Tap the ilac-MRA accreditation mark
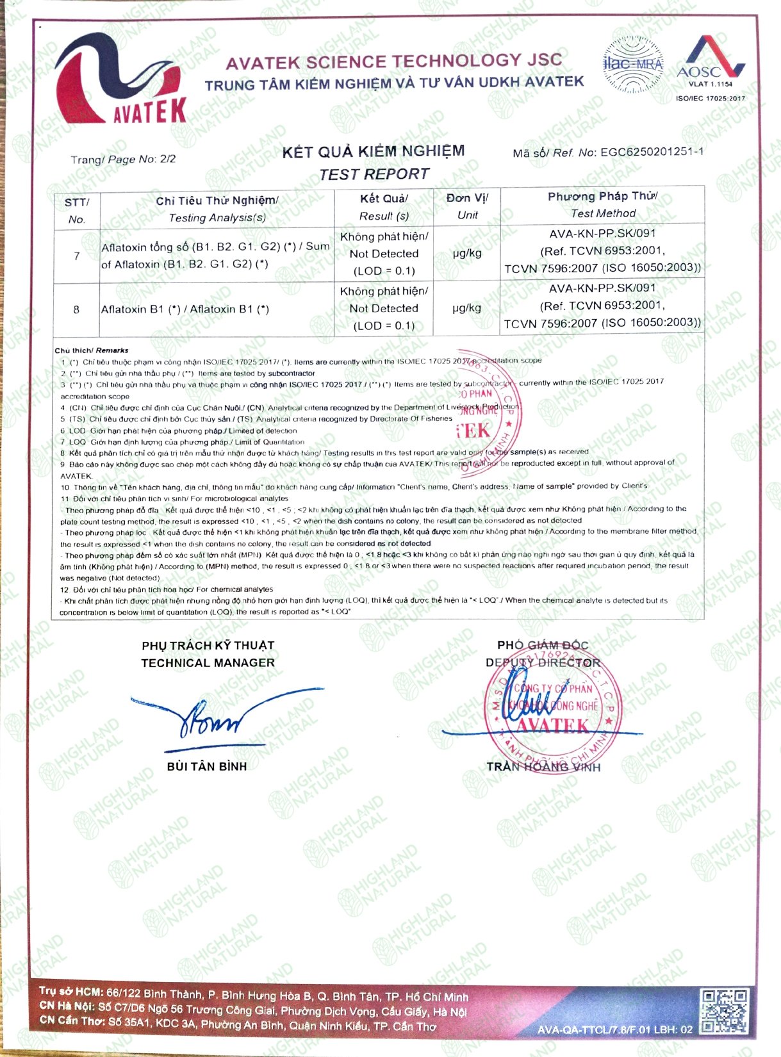(x=633, y=65)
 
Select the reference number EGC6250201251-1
(x=652, y=152)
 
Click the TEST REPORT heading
(x=374, y=174)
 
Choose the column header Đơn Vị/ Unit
(x=467, y=206)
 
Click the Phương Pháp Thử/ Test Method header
(x=602, y=205)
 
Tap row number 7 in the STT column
(x=76, y=256)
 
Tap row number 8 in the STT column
(x=76, y=309)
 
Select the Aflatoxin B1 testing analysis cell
(x=185, y=309)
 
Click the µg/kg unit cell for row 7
(x=466, y=253)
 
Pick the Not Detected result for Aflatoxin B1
(x=384, y=308)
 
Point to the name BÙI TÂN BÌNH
(x=207, y=766)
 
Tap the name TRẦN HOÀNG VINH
(x=543, y=767)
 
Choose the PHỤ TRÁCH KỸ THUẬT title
(x=208, y=646)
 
